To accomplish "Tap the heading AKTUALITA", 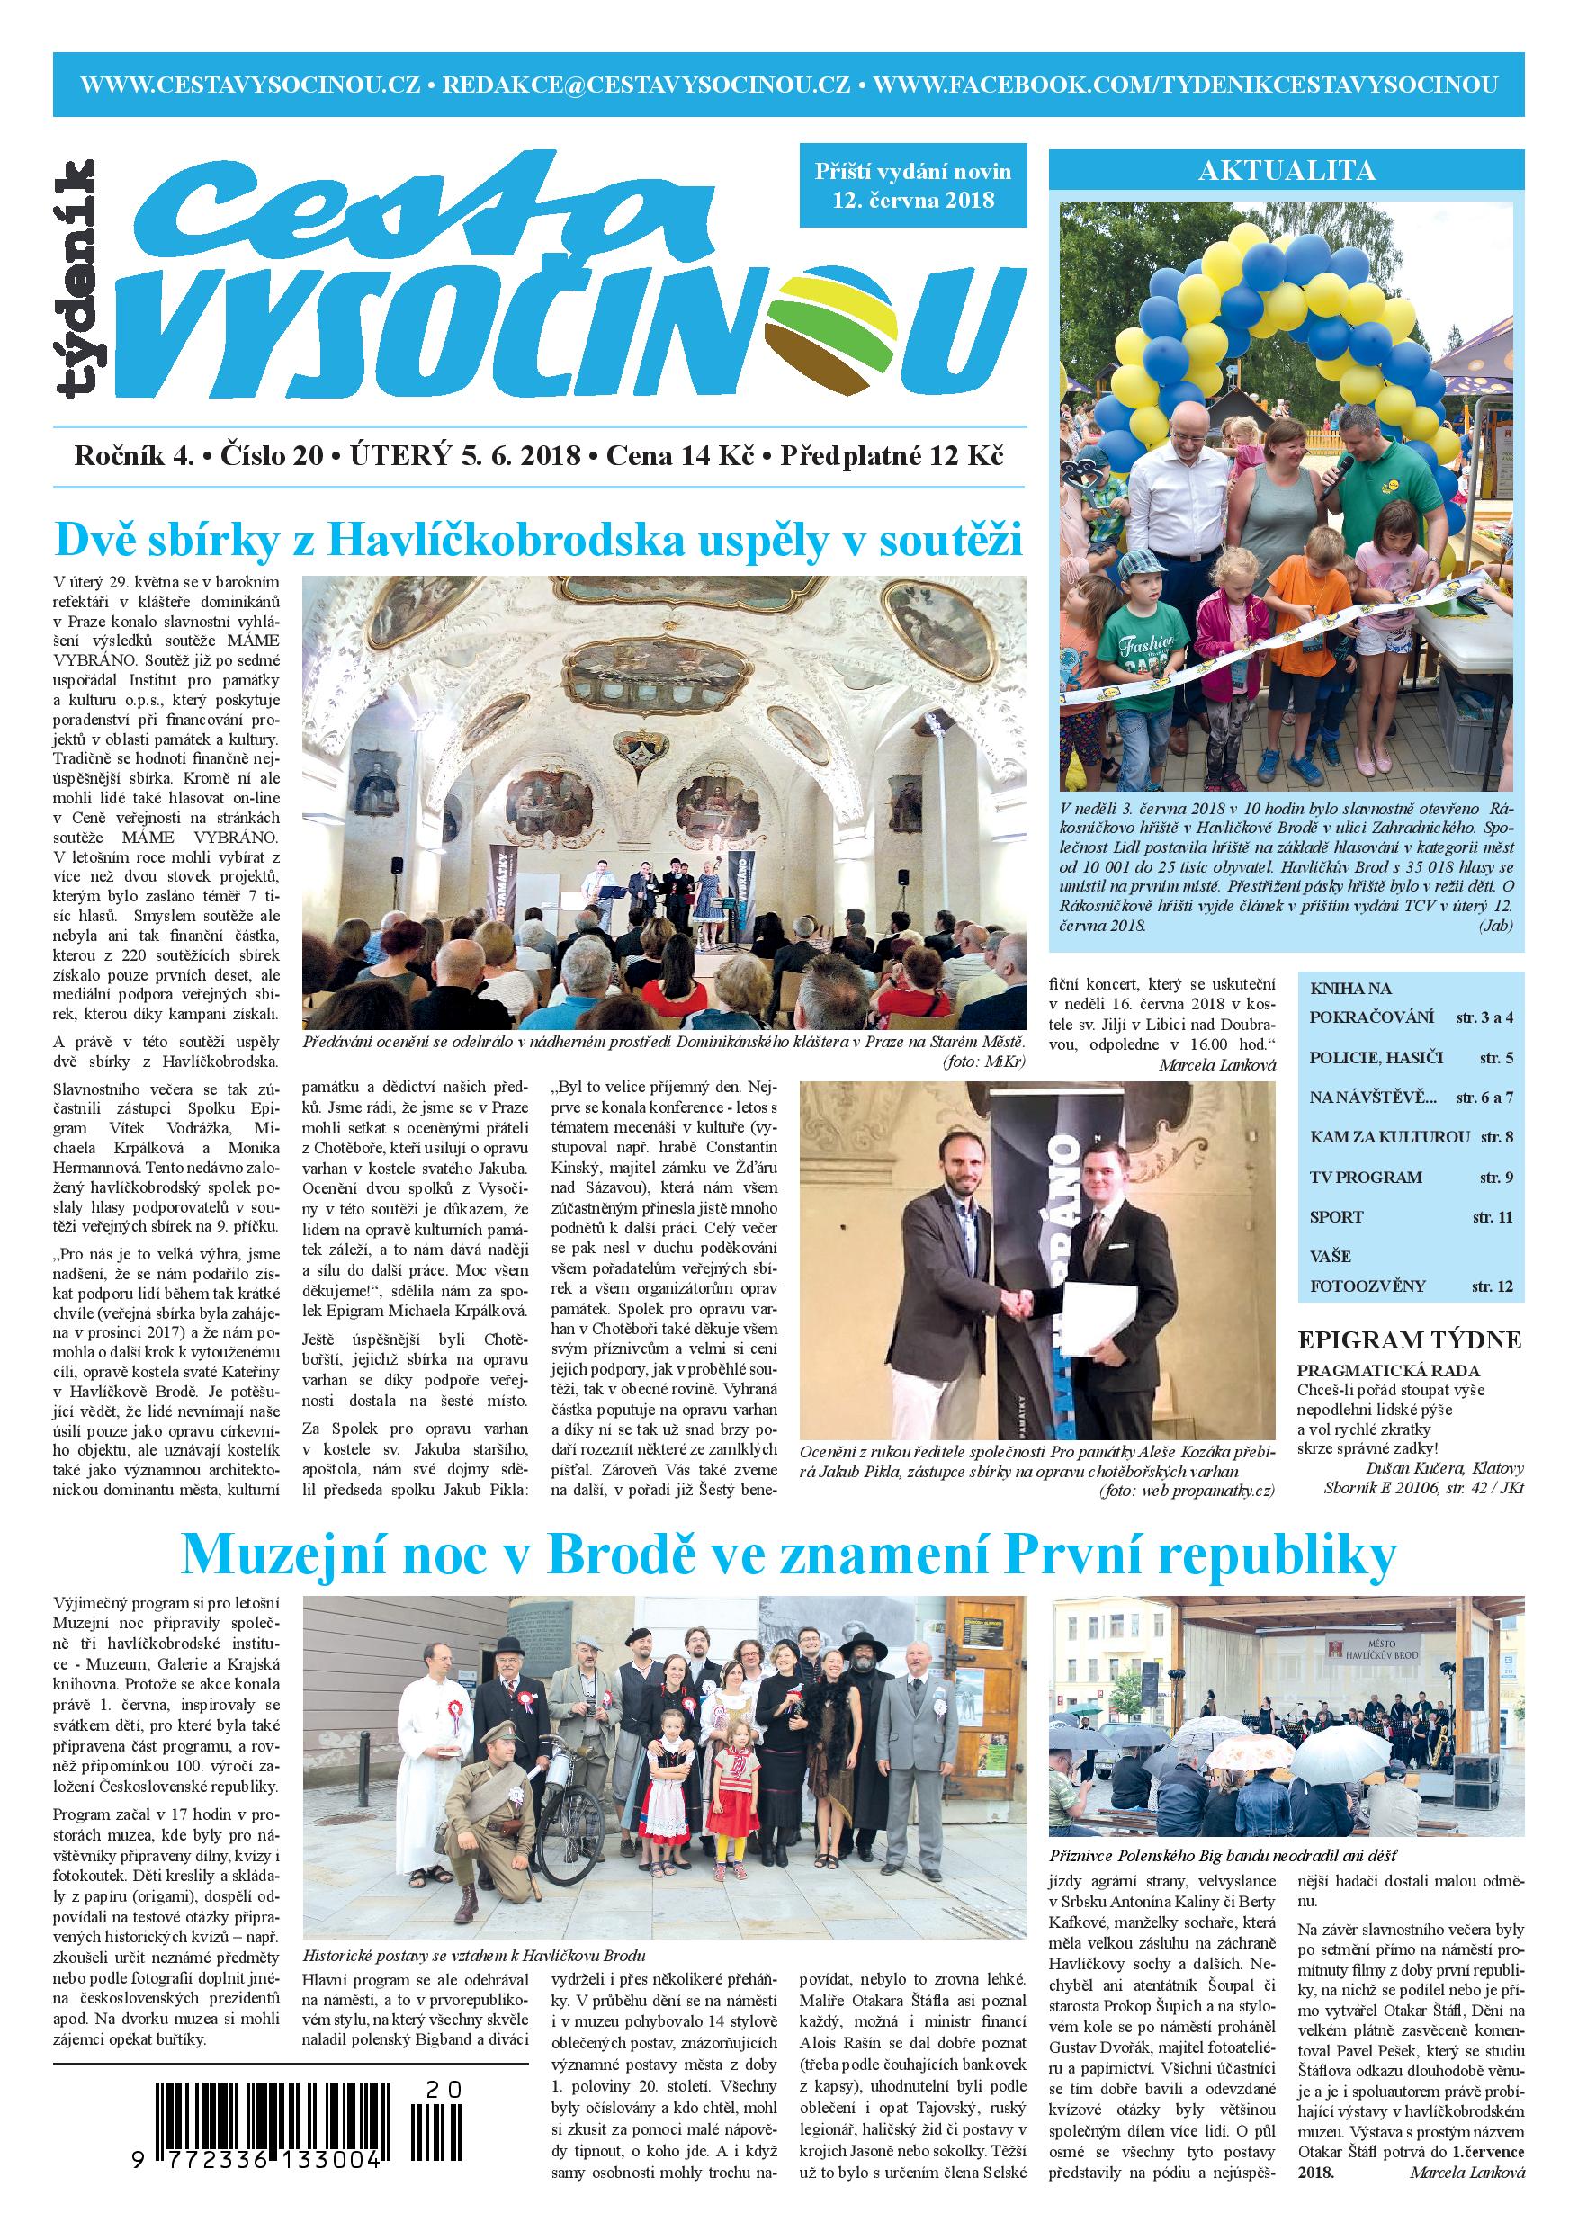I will pyautogui.click(x=1287, y=172).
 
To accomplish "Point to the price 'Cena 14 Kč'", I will pyautogui.click(x=679, y=456).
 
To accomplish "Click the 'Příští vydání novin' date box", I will pyautogui.click(x=913, y=185).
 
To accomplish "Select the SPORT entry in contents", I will pyautogui.click(x=1336, y=1216).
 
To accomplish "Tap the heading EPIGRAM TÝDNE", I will pyautogui.click(x=1410, y=1341).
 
